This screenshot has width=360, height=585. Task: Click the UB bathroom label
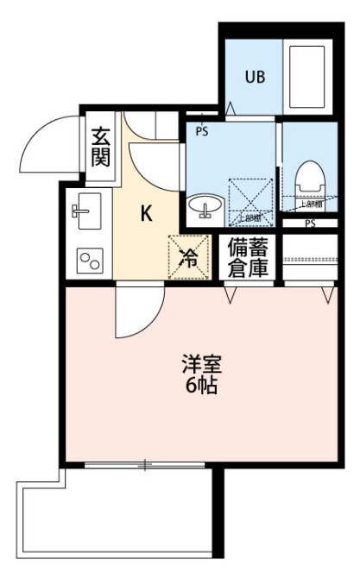(255, 77)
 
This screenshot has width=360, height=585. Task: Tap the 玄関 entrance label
(100, 147)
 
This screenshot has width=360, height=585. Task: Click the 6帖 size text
(199, 386)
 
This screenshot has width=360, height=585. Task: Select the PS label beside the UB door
(202, 132)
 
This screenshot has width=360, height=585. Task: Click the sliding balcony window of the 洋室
(145, 465)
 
